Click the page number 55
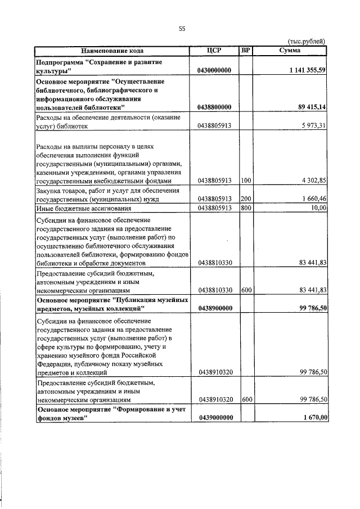182,29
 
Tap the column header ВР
245,50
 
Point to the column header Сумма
290,50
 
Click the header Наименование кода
112,50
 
